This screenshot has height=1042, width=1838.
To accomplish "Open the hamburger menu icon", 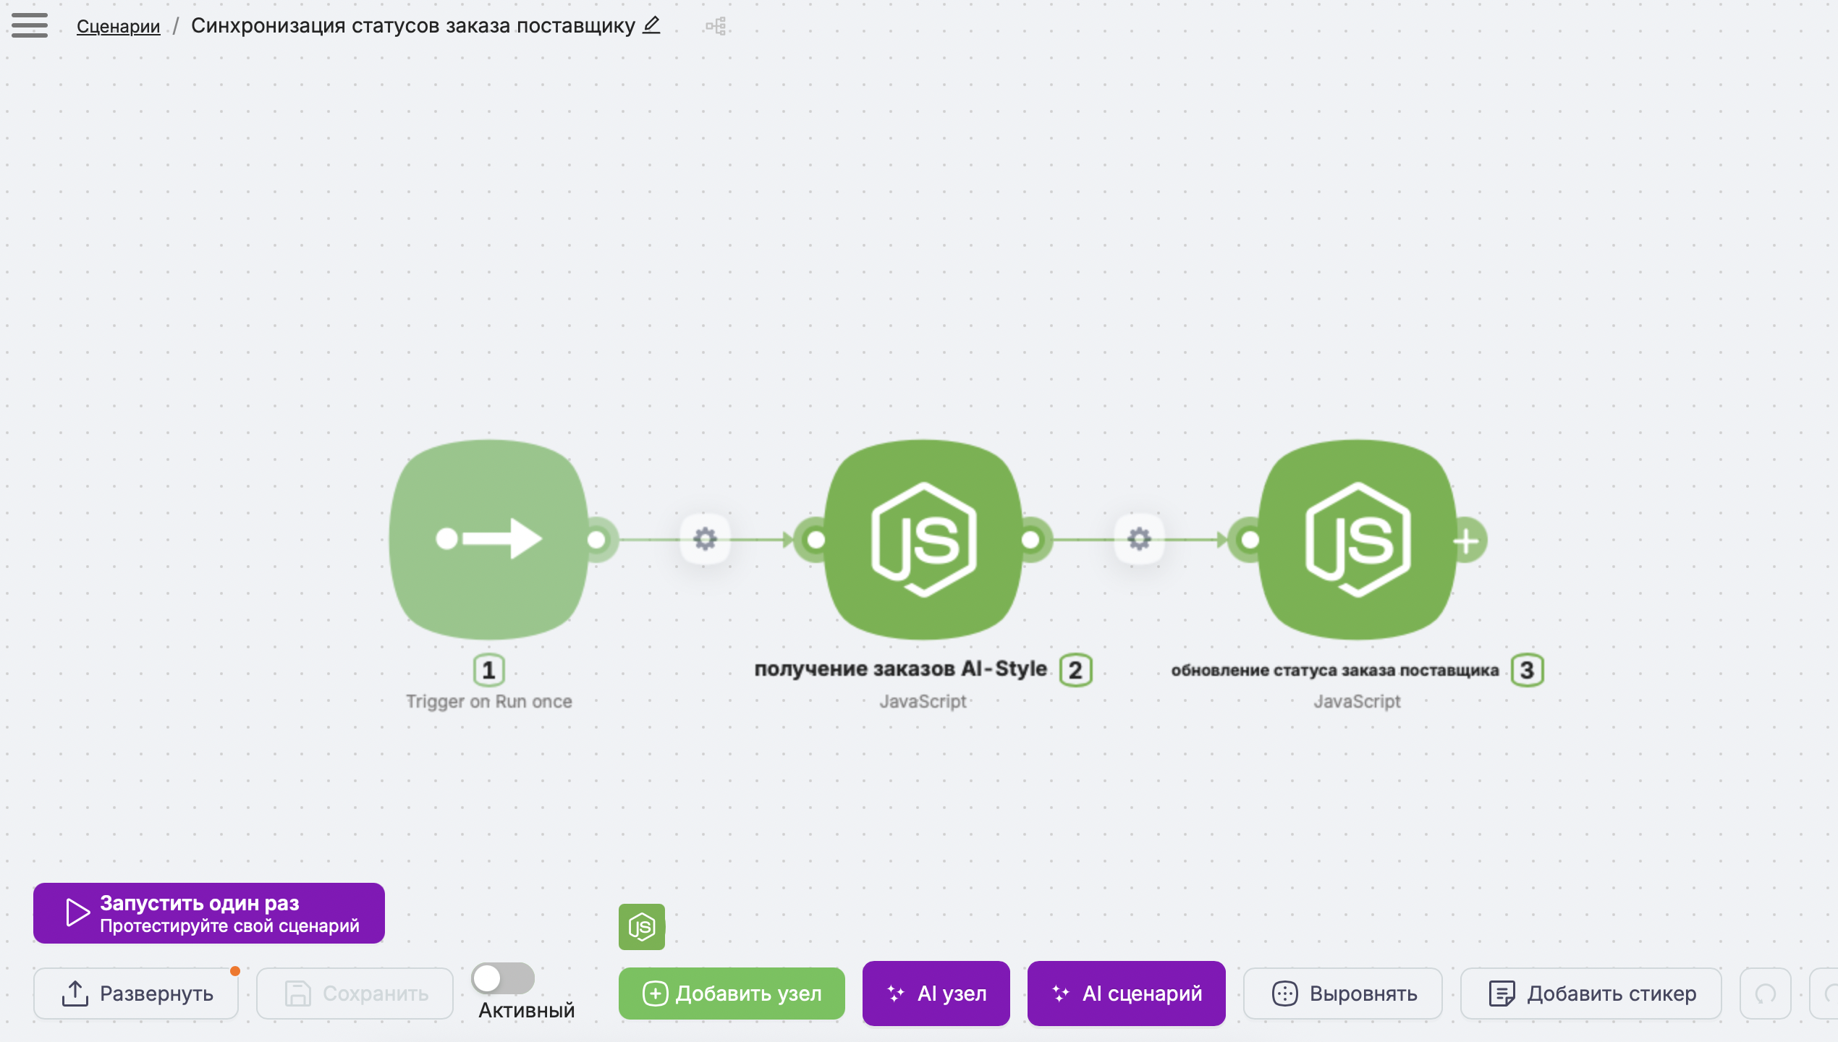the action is (30, 25).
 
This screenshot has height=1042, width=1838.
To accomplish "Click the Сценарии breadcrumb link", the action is (119, 26).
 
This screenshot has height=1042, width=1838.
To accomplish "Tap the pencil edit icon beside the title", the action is (651, 25).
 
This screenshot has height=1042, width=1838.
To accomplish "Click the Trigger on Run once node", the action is (489, 540).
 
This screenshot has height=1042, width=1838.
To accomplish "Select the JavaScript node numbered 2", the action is (923, 540).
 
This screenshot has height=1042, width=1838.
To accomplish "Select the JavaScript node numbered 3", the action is (1358, 540).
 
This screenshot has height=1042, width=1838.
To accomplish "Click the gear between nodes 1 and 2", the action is (706, 539).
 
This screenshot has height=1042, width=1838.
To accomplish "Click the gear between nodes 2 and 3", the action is (1140, 539).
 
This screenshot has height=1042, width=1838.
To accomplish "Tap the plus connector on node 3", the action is (1467, 541).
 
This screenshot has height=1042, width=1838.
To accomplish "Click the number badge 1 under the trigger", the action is (489, 670).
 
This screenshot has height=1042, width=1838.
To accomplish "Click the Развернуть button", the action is (136, 994).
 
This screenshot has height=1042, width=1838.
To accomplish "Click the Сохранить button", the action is (355, 994).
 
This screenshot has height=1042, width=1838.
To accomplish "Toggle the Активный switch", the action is (503, 978).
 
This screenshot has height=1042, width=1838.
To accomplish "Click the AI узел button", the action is (936, 994).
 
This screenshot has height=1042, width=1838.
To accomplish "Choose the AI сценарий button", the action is (1127, 994).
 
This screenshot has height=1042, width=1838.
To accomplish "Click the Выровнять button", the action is (1343, 994).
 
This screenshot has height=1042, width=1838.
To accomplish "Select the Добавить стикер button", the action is (1591, 994).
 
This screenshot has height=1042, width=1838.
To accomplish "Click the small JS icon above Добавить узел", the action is (642, 927).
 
